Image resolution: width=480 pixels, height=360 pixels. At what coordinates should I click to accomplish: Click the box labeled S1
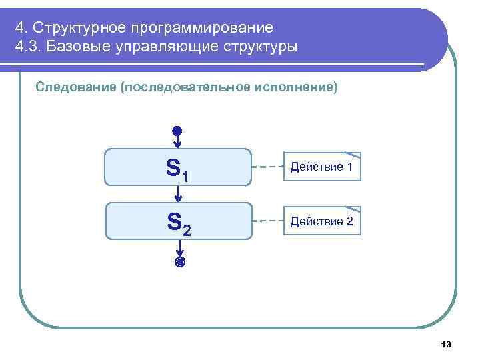pos(179,167)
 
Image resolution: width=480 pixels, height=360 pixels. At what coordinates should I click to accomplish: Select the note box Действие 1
pos(322,166)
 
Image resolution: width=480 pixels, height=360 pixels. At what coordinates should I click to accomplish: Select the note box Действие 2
pos(322,221)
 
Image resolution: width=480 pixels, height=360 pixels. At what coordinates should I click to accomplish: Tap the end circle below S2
pos(179,263)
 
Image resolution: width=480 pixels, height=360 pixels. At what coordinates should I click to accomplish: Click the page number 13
pos(446,345)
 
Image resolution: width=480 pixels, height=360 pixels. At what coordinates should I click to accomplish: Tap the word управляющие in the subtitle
pos(164,47)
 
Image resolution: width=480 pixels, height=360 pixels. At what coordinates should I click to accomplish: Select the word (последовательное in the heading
pos(185,87)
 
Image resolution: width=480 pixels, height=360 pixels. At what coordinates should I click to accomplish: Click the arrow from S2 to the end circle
pos(179,249)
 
